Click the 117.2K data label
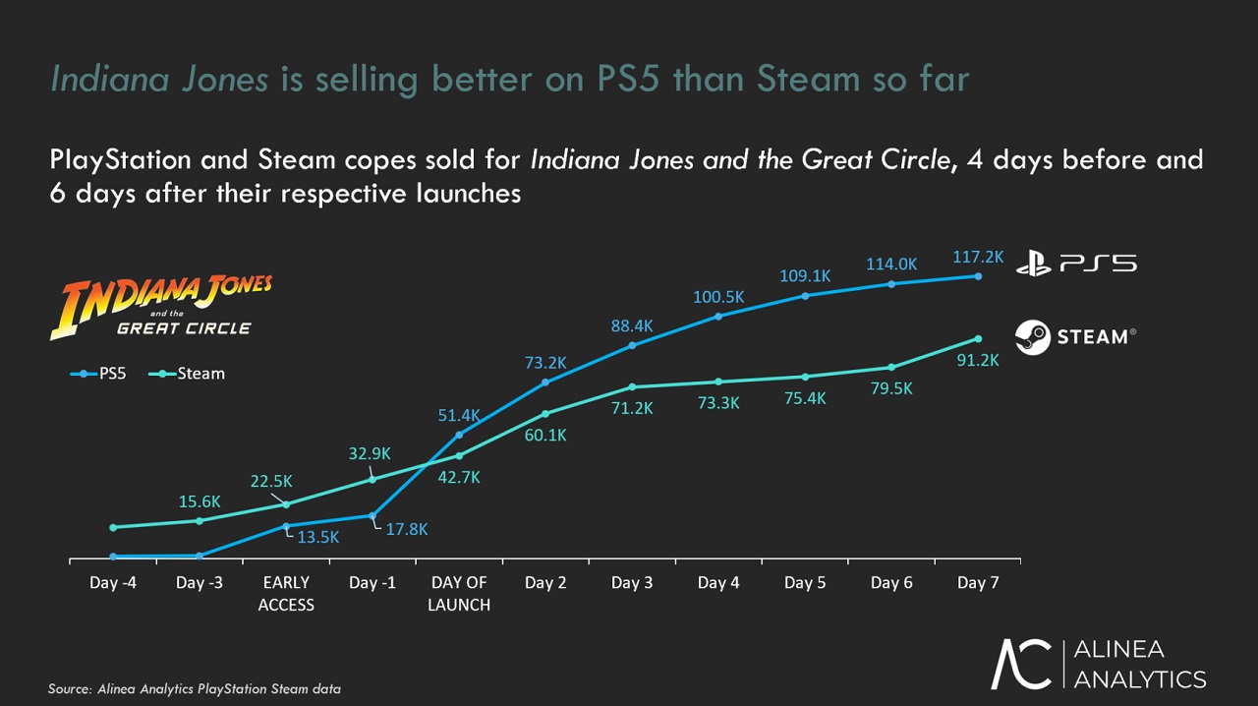(x=978, y=257)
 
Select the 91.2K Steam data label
(x=977, y=360)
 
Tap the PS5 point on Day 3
(x=632, y=345)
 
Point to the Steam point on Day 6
(x=891, y=368)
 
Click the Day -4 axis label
(x=113, y=583)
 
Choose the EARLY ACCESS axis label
(x=286, y=594)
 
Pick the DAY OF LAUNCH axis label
(x=459, y=594)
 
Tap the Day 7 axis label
(x=978, y=583)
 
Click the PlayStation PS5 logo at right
(x=1076, y=264)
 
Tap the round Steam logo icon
(x=1033, y=337)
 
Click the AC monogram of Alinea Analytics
(x=1021, y=664)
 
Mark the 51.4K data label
(x=459, y=416)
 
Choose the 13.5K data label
(x=318, y=537)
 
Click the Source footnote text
(x=195, y=689)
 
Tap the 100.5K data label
(x=718, y=297)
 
